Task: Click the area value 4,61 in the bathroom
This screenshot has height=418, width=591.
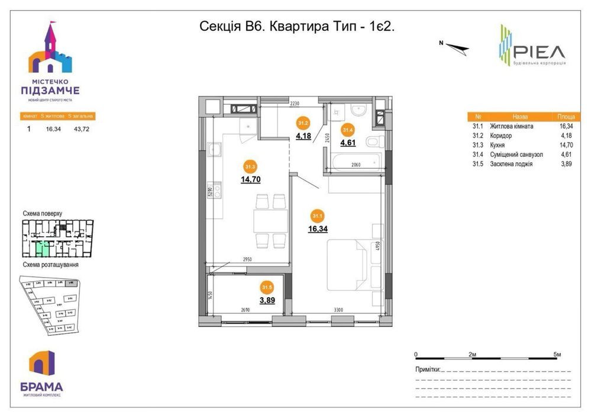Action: pos(347,142)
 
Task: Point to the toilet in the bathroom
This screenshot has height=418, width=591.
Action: pos(373,142)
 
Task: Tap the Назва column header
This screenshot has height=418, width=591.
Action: pos(520,117)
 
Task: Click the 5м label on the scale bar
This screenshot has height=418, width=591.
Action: pos(557,354)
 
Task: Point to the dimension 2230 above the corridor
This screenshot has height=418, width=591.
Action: pos(295,104)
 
